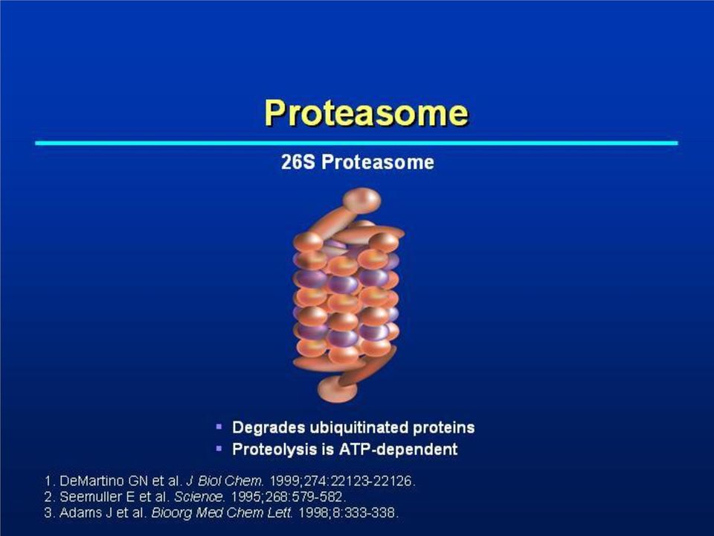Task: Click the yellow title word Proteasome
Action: [366, 112]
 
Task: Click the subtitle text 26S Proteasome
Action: [358, 162]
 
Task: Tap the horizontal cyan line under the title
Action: [356, 143]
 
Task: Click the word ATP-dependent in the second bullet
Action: [399, 450]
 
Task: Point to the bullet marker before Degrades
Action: [219, 427]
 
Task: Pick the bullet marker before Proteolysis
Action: [219, 448]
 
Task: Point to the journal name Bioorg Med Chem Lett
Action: [222, 513]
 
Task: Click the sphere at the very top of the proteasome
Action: [361, 200]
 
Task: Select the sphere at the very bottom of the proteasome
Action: [338, 389]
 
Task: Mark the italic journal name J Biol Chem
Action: [225, 481]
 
